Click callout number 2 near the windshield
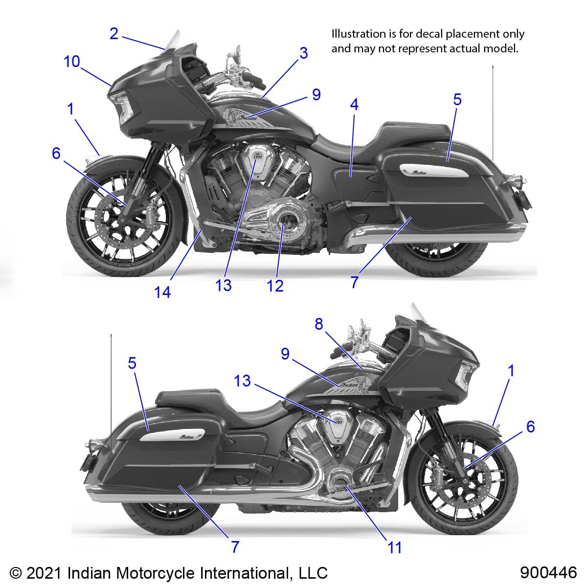(114, 34)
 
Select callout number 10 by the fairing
(72, 62)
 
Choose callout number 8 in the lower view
(319, 324)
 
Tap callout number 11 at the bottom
(395, 547)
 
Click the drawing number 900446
(548, 572)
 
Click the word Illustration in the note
(359, 34)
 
